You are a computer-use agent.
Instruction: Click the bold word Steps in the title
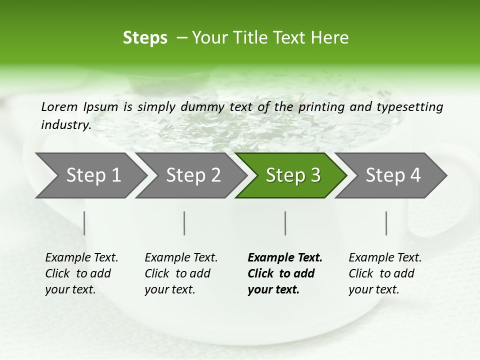coord(145,38)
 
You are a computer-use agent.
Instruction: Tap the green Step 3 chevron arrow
coord(293,175)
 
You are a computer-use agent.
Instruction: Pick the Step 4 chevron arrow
coord(393,175)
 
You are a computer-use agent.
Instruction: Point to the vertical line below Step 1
coord(84,223)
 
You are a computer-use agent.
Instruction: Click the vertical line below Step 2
coord(184,223)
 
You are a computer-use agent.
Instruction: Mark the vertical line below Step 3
coord(285,223)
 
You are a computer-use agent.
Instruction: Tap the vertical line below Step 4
coord(386,223)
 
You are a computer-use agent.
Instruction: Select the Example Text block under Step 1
coord(81,273)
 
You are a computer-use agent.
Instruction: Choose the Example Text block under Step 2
coord(180,273)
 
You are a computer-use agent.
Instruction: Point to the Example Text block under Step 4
coord(384,273)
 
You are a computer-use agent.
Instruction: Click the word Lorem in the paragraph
coord(59,106)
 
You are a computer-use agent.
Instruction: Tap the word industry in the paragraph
coord(66,125)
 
